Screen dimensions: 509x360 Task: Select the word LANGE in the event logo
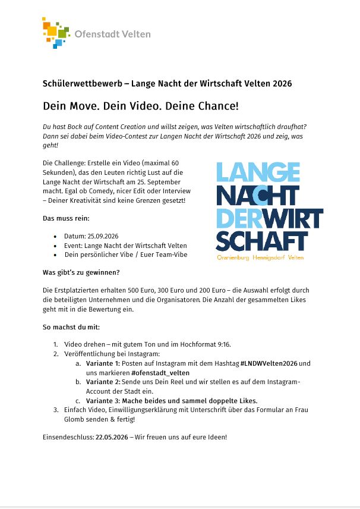(x=257, y=172)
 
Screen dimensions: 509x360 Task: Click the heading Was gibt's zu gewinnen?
(x=81, y=272)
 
